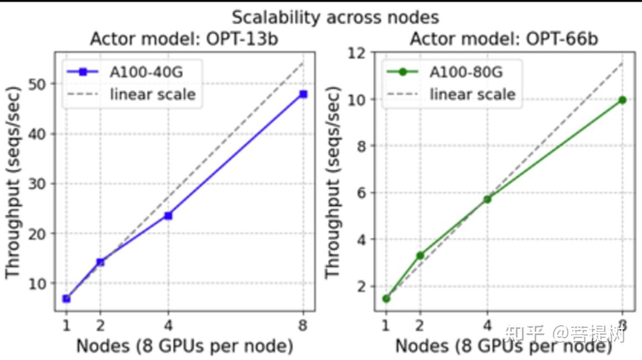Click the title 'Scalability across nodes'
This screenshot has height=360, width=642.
pyautogui.click(x=335, y=17)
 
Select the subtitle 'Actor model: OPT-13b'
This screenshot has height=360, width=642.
pyautogui.click(x=184, y=39)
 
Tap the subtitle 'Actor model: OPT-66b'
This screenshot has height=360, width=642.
pyautogui.click(x=504, y=39)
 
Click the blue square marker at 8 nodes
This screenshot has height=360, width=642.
pyautogui.click(x=303, y=94)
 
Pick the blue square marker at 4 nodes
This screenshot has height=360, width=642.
pyautogui.click(x=168, y=215)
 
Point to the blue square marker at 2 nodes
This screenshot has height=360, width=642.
pyautogui.click(x=100, y=261)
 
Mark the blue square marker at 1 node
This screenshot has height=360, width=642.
pyautogui.click(x=66, y=299)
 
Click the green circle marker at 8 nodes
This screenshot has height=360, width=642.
pyautogui.click(x=623, y=100)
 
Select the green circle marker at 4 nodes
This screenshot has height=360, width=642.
pyautogui.click(x=488, y=199)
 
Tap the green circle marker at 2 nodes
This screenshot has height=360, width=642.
pyautogui.click(x=420, y=255)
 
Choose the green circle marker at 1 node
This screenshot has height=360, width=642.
pyautogui.click(x=386, y=299)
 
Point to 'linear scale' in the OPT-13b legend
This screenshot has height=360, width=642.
pyautogui.click(x=153, y=94)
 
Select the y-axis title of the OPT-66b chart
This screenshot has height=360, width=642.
pyautogui.click(x=332, y=183)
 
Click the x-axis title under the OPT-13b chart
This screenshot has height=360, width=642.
pyautogui.click(x=184, y=346)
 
